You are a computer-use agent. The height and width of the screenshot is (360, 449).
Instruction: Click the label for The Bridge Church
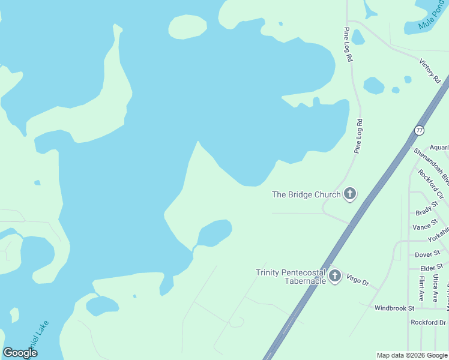point(306,194)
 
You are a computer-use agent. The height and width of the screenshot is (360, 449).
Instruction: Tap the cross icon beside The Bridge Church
point(350,194)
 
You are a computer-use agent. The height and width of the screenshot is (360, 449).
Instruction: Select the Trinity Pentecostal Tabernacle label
point(292,277)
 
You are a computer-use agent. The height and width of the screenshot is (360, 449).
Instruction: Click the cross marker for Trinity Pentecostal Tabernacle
point(335,277)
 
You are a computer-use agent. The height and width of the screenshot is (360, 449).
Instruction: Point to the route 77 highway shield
point(419,129)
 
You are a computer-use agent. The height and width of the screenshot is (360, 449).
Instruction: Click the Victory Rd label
point(430,71)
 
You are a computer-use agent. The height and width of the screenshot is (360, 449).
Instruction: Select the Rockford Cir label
point(431,184)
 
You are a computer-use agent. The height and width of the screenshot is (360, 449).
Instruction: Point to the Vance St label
point(422,227)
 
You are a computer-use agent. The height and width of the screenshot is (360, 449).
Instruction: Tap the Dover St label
point(427,254)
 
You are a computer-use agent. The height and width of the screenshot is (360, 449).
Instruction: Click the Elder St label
point(431,267)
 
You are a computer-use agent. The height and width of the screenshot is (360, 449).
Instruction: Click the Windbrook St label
point(394,308)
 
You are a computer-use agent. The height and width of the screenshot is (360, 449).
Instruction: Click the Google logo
point(20,353)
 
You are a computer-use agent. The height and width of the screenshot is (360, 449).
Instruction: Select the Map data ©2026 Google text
point(412,355)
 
